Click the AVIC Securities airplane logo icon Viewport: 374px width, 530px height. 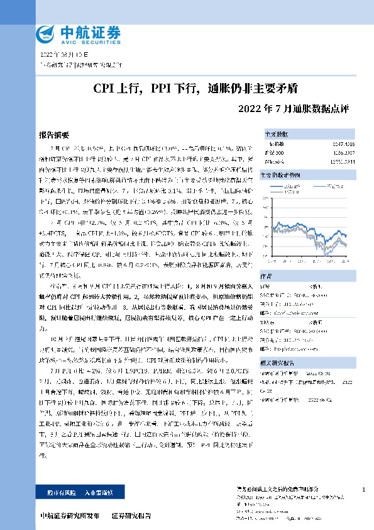(46, 33)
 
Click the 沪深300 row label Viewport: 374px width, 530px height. (274, 152)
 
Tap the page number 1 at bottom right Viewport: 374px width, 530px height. (364, 489)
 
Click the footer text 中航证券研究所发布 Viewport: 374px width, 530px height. (69, 516)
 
